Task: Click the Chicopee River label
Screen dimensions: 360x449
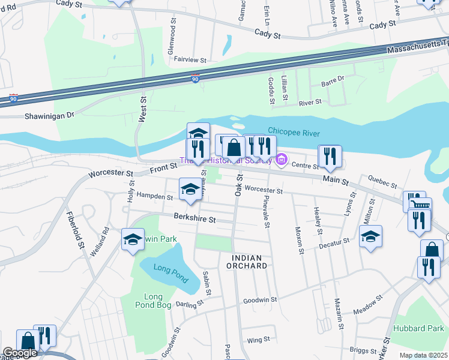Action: tap(294, 133)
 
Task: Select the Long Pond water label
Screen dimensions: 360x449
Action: tap(170, 273)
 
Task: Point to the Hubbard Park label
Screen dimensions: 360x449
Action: tap(418, 328)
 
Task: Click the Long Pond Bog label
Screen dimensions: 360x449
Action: tap(154, 301)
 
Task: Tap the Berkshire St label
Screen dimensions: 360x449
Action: tap(194, 219)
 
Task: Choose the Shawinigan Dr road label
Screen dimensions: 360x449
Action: tap(49, 115)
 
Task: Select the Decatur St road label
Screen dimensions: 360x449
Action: tap(334, 242)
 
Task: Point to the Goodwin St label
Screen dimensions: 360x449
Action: tap(260, 299)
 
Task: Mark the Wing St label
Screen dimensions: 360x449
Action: tap(258, 340)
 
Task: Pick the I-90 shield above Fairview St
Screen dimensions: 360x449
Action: tap(194, 79)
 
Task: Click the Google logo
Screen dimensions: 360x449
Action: tap(20, 353)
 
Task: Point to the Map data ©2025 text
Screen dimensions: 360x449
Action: tap(423, 355)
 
